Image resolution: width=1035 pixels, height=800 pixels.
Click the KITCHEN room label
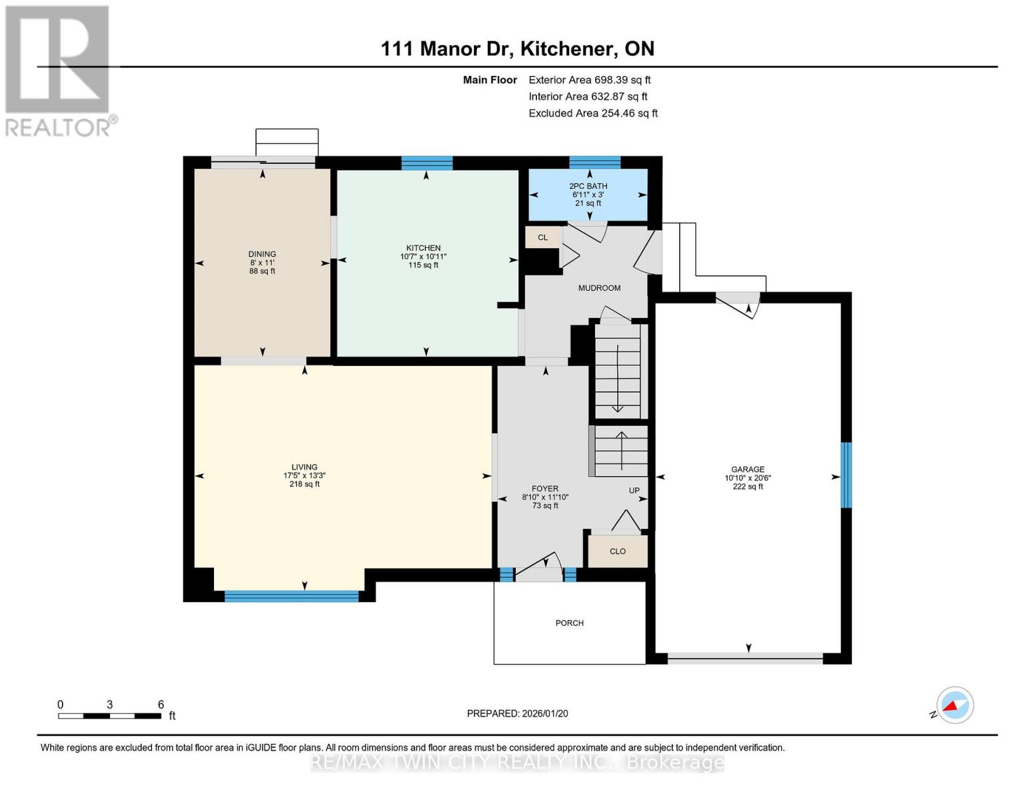[x=423, y=248]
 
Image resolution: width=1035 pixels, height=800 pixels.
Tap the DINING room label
[x=262, y=254]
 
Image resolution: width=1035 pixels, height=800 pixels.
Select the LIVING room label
[x=305, y=467]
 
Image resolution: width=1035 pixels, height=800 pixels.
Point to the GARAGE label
[x=748, y=469]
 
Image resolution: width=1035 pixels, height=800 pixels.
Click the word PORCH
[x=569, y=623]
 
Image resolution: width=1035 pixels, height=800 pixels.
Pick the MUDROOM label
[x=599, y=288]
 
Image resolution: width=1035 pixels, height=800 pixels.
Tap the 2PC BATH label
[x=588, y=186]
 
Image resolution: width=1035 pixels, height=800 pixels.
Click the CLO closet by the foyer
[x=618, y=551]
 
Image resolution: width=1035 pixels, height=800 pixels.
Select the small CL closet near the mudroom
[x=543, y=237]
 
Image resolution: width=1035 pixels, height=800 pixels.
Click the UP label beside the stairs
[x=634, y=490]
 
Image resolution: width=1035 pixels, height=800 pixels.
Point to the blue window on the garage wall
[x=846, y=475]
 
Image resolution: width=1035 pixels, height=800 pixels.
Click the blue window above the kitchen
[x=427, y=163]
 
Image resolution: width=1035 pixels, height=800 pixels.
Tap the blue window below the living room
[x=291, y=596]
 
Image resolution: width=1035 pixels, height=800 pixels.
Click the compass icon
[x=954, y=705]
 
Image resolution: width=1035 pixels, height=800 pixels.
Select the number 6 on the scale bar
[x=161, y=704]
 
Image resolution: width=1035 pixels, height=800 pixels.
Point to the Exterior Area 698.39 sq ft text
[x=590, y=80]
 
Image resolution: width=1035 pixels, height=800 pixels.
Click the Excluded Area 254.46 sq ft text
[x=593, y=113]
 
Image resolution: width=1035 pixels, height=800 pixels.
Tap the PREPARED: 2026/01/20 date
[x=517, y=713]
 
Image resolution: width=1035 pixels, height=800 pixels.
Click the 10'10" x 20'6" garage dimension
[x=748, y=478]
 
